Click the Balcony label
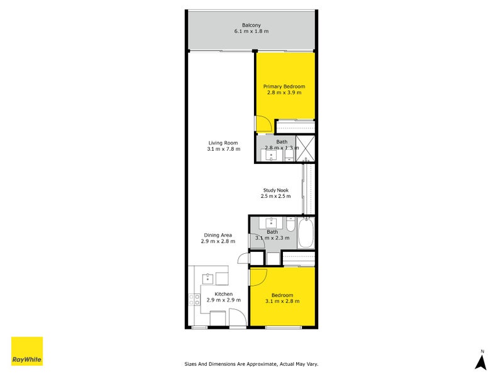tap(251, 25)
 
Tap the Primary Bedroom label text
tap(284, 86)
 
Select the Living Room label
tap(223, 143)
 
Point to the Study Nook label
tap(275, 190)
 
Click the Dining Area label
tap(218, 235)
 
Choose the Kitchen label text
tap(224, 294)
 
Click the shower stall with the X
tap(305, 149)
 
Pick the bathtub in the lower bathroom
tap(306, 232)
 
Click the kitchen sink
tap(207, 278)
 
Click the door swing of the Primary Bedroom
tap(263, 124)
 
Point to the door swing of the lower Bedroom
tap(260, 276)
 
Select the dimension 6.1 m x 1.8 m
tap(251, 31)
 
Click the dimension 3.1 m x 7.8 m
tap(223, 149)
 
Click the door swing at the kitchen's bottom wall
tap(237, 319)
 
